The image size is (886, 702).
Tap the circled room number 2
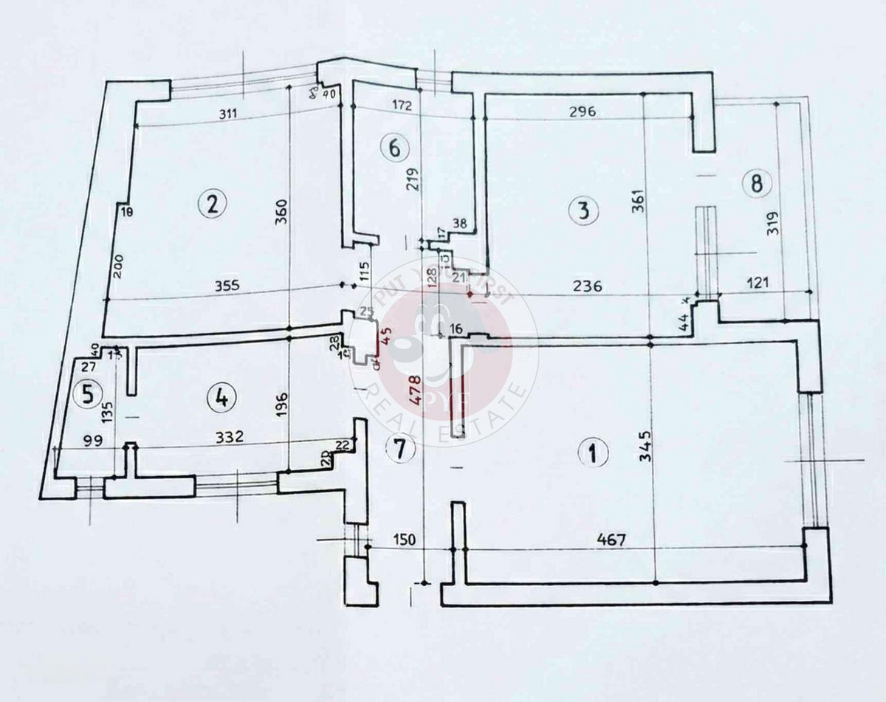click(213, 203)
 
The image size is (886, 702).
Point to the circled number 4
click(219, 399)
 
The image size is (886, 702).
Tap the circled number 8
click(755, 182)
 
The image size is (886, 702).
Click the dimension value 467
click(612, 540)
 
